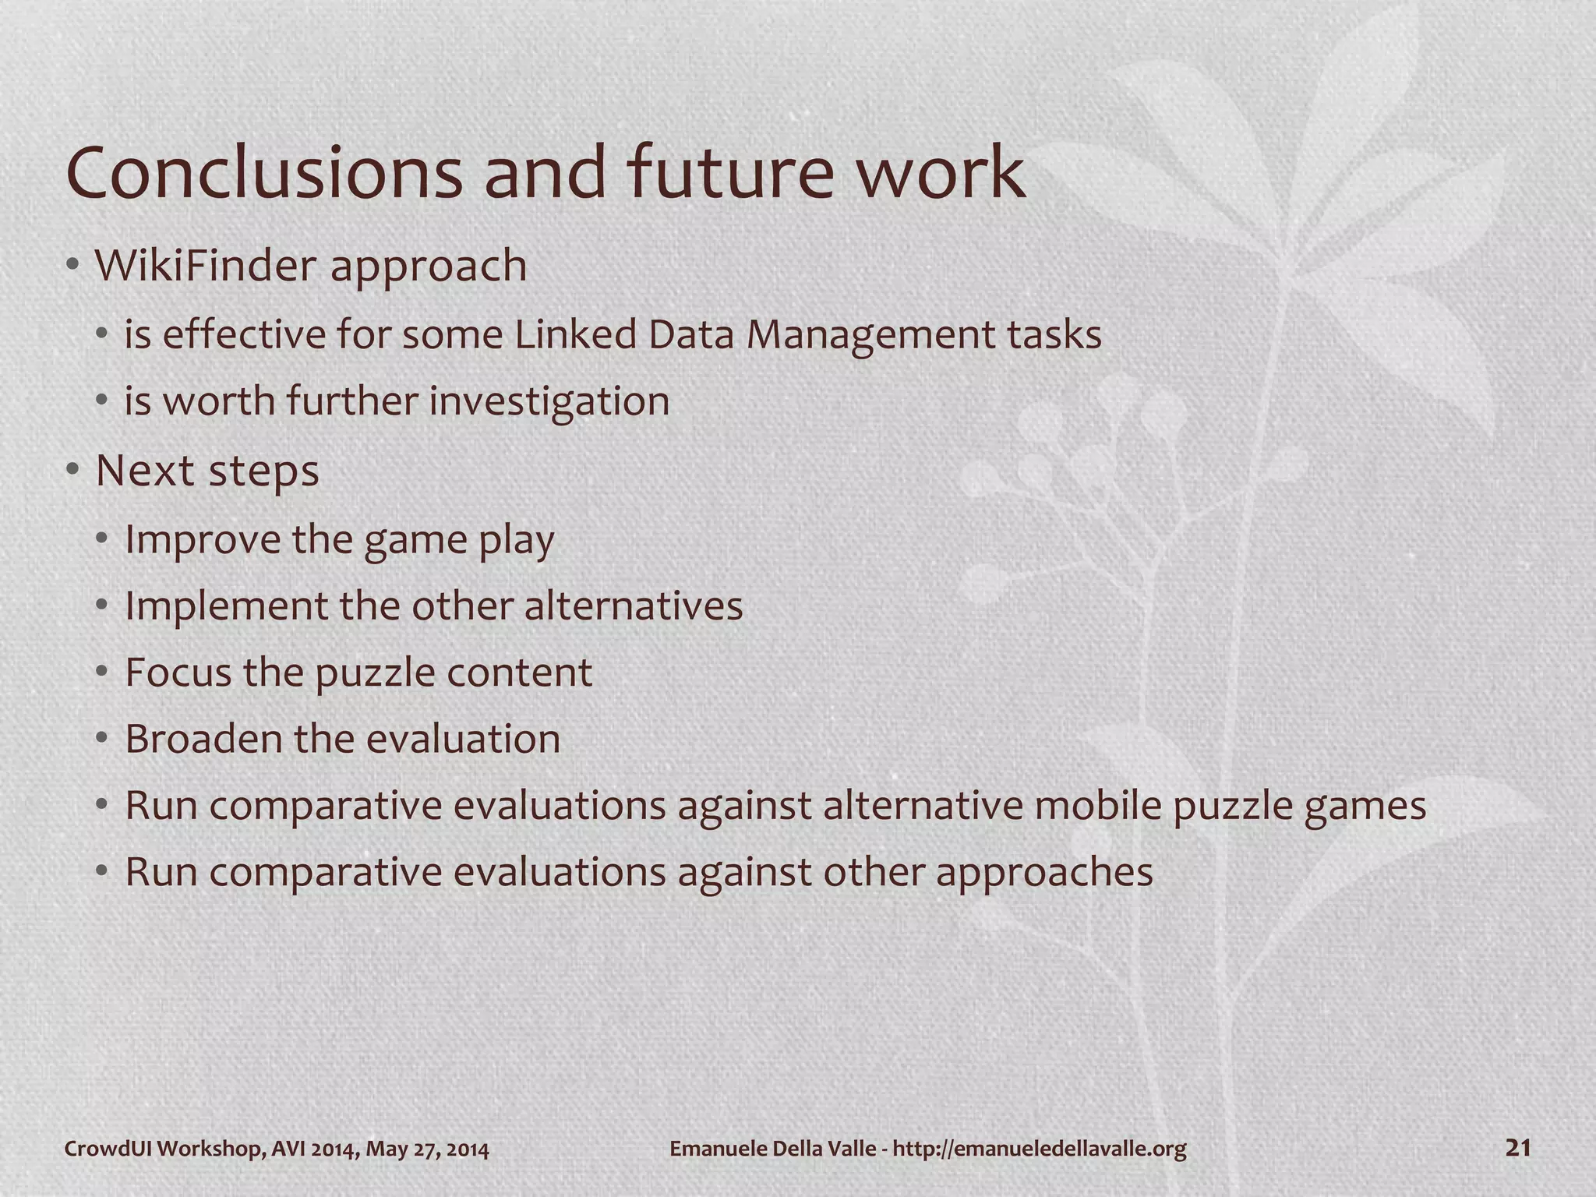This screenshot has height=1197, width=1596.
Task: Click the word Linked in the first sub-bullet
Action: pyautogui.click(x=575, y=334)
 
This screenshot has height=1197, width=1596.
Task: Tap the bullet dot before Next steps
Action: pyautogui.click(x=72, y=470)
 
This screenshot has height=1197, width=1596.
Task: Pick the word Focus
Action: pyautogui.click(x=178, y=672)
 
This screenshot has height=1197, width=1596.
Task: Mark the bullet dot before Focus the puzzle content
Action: pyautogui.click(x=101, y=672)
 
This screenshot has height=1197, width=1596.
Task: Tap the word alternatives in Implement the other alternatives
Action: pyautogui.click(x=633, y=606)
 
